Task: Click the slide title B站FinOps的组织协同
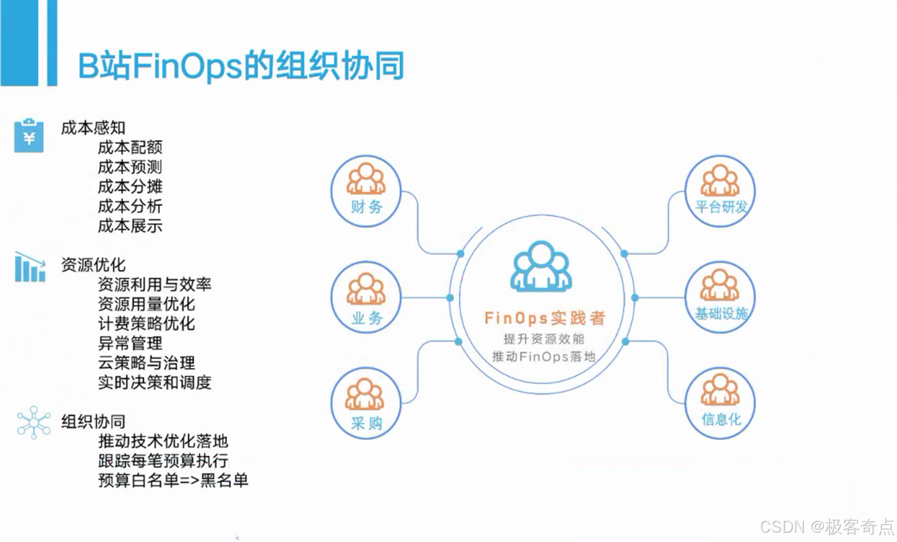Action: pos(241,65)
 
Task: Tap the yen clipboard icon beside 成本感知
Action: pos(29,135)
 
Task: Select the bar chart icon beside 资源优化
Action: pos(30,267)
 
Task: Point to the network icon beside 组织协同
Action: pos(34,422)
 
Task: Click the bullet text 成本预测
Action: pos(130,167)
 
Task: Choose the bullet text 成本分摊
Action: pos(130,187)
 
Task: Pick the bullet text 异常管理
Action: pos(130,343)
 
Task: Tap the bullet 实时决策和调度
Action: pos(154,382)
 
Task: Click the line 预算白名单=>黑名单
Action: pos(173,480)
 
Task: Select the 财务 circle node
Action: pos(366,191)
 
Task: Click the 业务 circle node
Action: pos(366,297)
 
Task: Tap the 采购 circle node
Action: pos(366,403)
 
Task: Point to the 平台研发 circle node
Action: pos(720,191)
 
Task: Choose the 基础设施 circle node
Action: pos(720,297)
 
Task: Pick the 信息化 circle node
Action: pos(720,403)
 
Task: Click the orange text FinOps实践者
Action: pos(545,317)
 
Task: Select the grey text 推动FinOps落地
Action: pos(543,357)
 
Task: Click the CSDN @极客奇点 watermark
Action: pos(827,527)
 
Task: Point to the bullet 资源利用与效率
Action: pos(154,284)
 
